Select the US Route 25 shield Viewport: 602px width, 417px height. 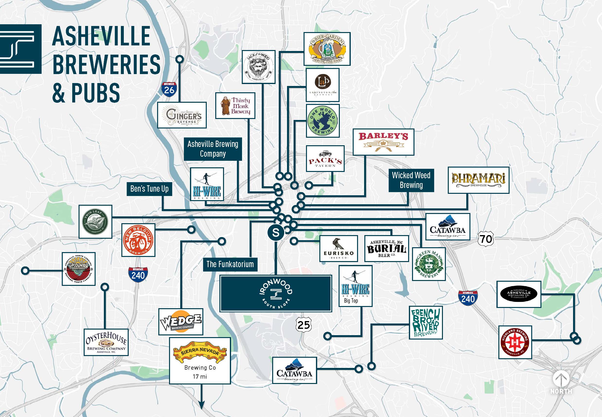[x=304, y=325]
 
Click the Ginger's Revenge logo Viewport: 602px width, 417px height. [x=182, y=115]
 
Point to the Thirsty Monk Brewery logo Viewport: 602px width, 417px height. [x=235, y=106]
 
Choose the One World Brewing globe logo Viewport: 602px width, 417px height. [x=323, y=121]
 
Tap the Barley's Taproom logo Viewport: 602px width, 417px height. [x=383, y=142]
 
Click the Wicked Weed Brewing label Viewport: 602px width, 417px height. [x=411, y=180]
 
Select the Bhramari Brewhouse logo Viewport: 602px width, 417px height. [x=478, y=180]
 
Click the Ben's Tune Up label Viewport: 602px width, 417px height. [x=149, y=189]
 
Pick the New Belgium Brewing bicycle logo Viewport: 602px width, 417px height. [x=138, y=240]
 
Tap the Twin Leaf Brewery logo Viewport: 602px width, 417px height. [x=95, y=221]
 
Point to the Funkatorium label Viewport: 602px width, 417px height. [x=230, y=264]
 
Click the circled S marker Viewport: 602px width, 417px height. [x=276, y=232]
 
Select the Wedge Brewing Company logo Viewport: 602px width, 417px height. [x=181, y=322]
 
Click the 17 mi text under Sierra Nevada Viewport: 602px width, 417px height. [x=200, y=376]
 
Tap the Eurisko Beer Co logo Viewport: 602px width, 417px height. [x=339, y=248]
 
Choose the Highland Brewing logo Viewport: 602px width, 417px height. [x=515, y=342]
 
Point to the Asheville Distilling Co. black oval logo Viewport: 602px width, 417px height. [x=519, y=294]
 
